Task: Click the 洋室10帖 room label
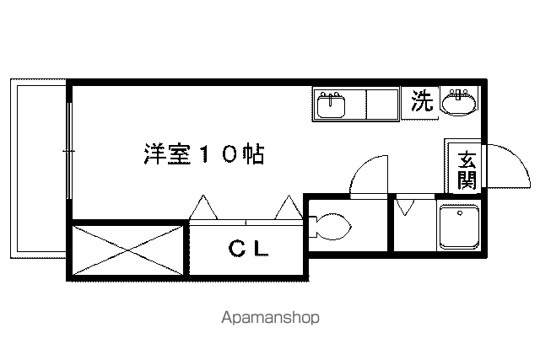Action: [204, 154]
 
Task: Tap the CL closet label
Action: [248, 249]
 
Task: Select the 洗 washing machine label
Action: [422, 101]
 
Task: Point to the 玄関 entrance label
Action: [467, 169]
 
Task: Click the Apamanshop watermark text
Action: [270, 317]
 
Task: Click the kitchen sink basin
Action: [331, 105]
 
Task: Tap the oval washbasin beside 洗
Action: [458, 101]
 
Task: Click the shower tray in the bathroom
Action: [460, 227]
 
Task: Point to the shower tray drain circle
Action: [460, 213]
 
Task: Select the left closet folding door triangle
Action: [203, 207]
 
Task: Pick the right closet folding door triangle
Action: [289, 207]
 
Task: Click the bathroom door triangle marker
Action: [405, 207]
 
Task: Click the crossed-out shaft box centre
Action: [127, 250]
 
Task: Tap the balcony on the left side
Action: [38, 169]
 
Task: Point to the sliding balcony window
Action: [69, 151]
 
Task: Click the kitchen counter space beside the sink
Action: [382, 105]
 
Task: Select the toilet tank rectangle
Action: [312, 227]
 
